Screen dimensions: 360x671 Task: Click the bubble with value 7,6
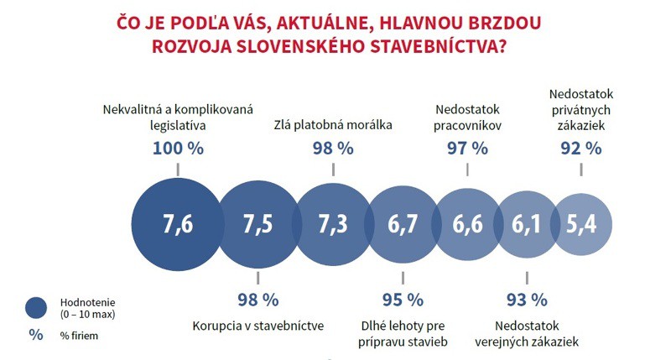click(177, 224)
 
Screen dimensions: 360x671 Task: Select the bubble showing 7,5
click(257, 224)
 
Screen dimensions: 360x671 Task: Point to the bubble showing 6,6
click(466, 224)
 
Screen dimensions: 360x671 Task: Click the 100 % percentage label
click(178, 149)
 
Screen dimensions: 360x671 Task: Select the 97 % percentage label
click(466, 149)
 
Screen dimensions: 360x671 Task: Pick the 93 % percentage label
click(527, 299)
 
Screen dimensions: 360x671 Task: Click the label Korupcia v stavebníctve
click(258, 325)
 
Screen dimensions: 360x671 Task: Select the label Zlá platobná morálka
click(333, 126)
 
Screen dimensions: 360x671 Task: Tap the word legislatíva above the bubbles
click(178, 127)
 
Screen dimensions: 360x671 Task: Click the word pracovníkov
click(466, 127)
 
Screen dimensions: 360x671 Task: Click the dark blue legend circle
click(36, 308)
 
